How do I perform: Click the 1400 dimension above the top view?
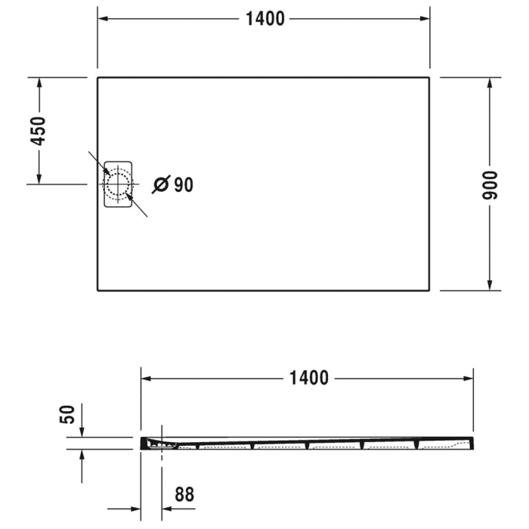[264, 19]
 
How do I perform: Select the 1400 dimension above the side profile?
[308, 377]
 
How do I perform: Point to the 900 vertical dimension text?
[490, 184]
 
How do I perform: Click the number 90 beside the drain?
[184, 184]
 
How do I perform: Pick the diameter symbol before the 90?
[160, 184]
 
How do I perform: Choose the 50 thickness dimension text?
[68, 414]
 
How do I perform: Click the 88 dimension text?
[184, 495]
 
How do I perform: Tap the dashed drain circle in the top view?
[118, 184]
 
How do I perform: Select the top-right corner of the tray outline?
[429, 77]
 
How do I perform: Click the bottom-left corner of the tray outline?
[98, 289]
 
